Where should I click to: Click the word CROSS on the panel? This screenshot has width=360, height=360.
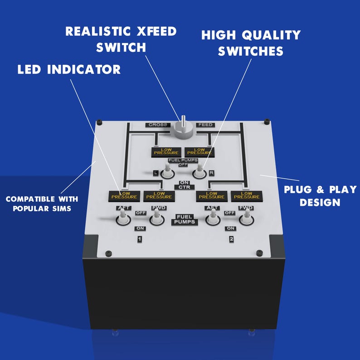click(x=157, y=125)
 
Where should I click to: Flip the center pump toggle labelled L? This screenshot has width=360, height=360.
click(x=167, y=172)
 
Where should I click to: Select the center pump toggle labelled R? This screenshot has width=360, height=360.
click(x=199, y=171)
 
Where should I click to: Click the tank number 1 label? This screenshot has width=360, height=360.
click(x=140, y=239)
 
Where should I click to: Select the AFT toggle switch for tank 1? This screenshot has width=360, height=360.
click(x=122, y=218)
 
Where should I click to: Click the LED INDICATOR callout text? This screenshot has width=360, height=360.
click(x=69, y=69)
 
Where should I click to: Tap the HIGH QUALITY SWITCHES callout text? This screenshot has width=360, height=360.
click(x=251, y=43)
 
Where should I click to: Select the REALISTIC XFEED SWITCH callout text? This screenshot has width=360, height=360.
click(x=121, y=39)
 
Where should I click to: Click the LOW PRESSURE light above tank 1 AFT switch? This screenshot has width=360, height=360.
click(x=124, y=195)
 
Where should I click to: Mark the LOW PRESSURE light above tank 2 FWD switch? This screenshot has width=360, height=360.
click(x=247, y=195)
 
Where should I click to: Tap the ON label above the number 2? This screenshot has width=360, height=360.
click(x=231, y=228)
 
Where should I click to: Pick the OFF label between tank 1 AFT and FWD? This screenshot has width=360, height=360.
click(x=140, y=213)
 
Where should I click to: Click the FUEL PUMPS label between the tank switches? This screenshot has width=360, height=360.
click(x=184, y=219)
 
